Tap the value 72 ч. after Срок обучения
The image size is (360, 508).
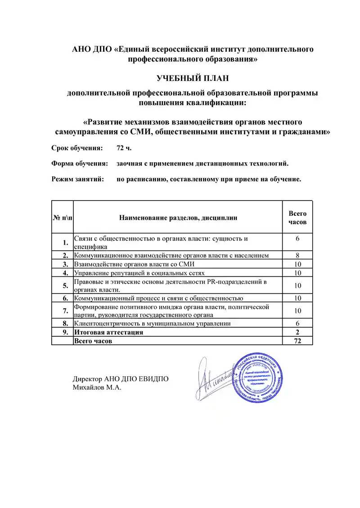(x=124, y=148)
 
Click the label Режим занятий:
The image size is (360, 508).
(x=78, y=179)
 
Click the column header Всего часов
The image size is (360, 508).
(x=297, y=218)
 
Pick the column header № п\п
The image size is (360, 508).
(x=62, y=218)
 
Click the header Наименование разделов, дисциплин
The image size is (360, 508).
(x=178, y=218)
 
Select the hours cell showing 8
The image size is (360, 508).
(x=297, y=255)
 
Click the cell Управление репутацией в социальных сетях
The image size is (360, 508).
(x=139, y=272)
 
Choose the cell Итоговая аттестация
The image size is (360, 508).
(x=109, y=332)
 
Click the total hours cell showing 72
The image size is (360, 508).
(x=297, y=341)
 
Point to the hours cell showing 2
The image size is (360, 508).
(x=297, y=332)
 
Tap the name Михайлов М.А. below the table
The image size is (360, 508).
(x=97, y=387)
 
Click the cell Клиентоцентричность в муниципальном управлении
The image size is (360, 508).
(x=153, y=323)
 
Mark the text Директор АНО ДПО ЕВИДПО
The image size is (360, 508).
(x=121, y=379)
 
